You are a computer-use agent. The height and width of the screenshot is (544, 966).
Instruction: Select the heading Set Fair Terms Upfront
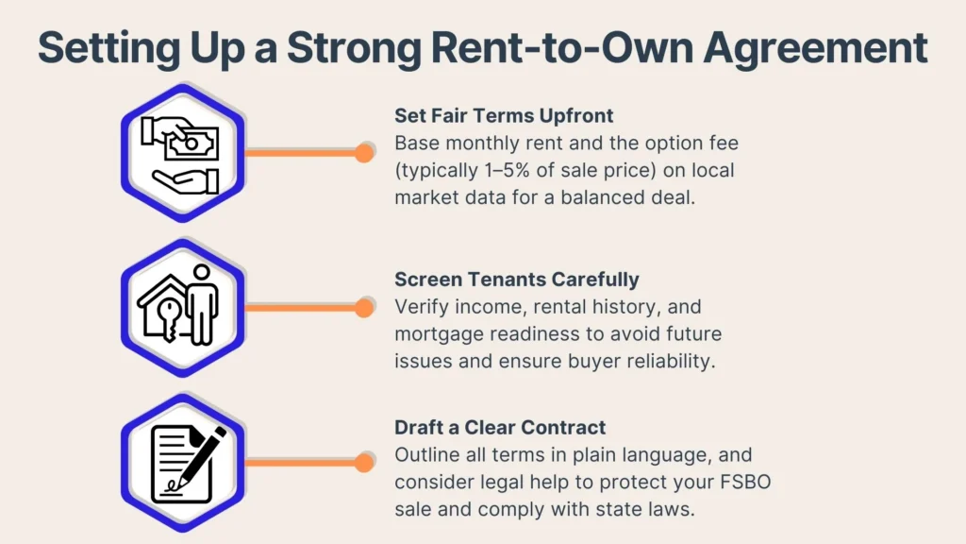point(504,115)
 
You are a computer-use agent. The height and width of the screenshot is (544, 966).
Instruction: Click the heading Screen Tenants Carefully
point(516,279)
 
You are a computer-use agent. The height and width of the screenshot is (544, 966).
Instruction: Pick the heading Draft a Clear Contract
point(500,427)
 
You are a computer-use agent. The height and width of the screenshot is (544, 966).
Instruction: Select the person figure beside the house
point(202,304)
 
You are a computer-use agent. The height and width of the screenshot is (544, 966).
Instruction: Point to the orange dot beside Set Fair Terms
point(365,152)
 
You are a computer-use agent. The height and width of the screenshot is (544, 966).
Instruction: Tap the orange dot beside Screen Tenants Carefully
point(365,307)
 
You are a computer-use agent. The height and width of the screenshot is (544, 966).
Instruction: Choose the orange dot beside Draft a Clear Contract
point(365,462)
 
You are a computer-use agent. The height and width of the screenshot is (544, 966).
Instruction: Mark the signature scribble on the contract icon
point(175,485)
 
